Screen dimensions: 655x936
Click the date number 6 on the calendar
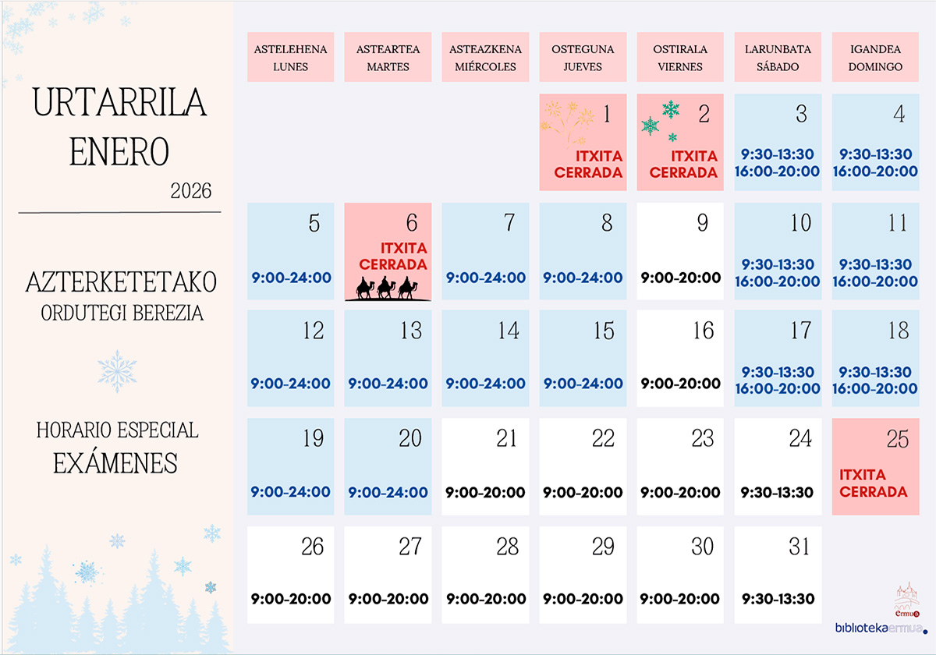[412, 223]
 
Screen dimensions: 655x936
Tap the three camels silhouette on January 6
[387, 289]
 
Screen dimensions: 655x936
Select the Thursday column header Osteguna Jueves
[583, 58]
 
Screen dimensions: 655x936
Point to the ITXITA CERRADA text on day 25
[874, 483]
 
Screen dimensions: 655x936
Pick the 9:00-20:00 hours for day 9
[681, 278]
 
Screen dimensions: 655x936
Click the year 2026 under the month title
[190, 191]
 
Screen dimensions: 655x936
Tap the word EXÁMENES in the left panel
[115, 463]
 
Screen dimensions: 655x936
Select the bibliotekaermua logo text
[880, 628]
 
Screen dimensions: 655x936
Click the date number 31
[799, 547]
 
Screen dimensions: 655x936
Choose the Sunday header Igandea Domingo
[875, 58]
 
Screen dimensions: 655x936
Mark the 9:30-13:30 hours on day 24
[778, 493]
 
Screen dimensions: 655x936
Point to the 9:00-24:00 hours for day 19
[291, 493]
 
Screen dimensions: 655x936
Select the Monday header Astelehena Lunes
[291, 58]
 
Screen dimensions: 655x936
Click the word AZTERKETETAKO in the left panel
[121, 282]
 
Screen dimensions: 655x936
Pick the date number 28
[507, 547]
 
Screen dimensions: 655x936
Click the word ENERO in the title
[119, 151]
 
